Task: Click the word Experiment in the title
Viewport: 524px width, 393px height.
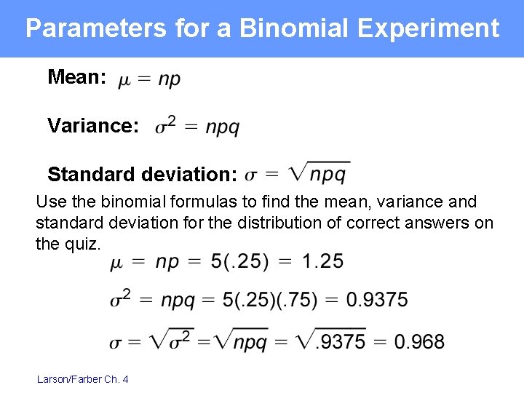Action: (429, 28)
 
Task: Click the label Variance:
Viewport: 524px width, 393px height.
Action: (93, 126)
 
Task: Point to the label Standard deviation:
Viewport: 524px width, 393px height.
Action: (143, 175)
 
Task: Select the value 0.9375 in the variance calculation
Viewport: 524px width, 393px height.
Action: (376, 299)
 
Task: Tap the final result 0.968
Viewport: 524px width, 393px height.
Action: (419, 341)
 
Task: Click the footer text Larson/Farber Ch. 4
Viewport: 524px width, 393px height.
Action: (82, 378)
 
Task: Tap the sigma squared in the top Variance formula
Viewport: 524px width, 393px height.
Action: (165, 126)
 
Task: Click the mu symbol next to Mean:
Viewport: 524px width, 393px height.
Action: (125, 79)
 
